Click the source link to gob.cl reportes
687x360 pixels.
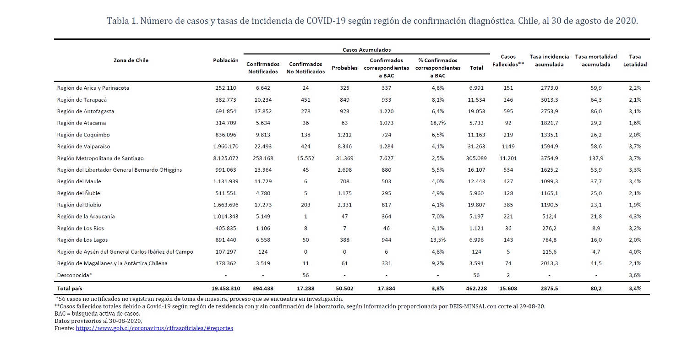(x=154, y=328)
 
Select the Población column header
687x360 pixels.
(x=226, y=60)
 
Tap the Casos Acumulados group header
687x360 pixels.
(x=366, y=49)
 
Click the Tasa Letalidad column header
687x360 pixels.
(x=635, y=60)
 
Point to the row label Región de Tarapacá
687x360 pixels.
(x=82, y=100)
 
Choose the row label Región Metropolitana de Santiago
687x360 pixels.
(x=100, y=158)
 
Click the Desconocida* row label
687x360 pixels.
(x=75, y=275)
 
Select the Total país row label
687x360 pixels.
(x=70, y=288)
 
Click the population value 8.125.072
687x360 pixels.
(x=226, y=158)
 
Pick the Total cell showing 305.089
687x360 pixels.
(x=476, y=158)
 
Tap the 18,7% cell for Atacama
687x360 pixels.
(x=438, y=123)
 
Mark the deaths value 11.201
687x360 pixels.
(x=508, y=158)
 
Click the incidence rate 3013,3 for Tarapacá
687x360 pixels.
(x=549, y=100)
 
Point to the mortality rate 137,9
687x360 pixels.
(x=596, y=158)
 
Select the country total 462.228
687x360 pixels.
(x=476, y=288)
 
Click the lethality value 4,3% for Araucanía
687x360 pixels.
(x=635, y=216)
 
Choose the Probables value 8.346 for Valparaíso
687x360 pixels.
(x=344, y=146)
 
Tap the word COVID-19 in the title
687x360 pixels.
(x=326, y=21)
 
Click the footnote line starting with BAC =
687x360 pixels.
(x=97, y=313)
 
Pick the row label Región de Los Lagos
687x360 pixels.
(x=82, y=240)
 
